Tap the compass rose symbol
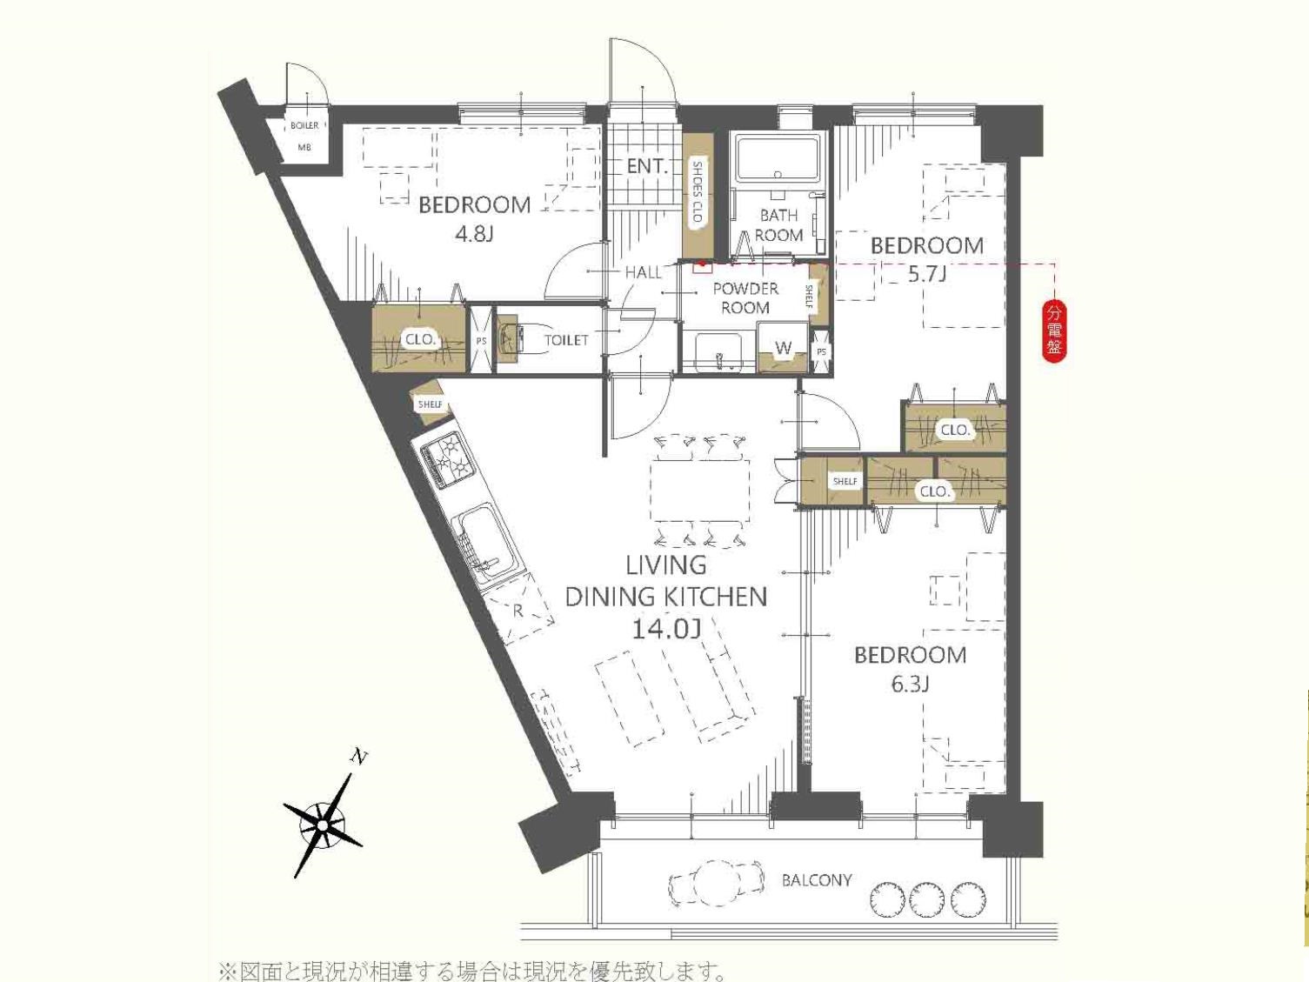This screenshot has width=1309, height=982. pos(324,825)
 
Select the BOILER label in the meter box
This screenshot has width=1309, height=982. pos(304,126)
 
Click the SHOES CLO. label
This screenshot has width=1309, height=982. pos(698,192)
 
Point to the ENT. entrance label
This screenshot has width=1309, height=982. pos(647,166)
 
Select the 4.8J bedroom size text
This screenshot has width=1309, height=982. pos(473,234)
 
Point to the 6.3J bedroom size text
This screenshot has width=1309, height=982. pos(910,685)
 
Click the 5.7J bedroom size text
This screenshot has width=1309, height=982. pos(926,274)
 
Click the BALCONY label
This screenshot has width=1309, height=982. pos(817,880)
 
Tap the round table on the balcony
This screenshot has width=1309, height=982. pos(716,883)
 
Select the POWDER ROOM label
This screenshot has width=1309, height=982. pos(745,298)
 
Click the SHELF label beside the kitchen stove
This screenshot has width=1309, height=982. pos(430,404)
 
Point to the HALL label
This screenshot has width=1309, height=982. pos(643,272)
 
